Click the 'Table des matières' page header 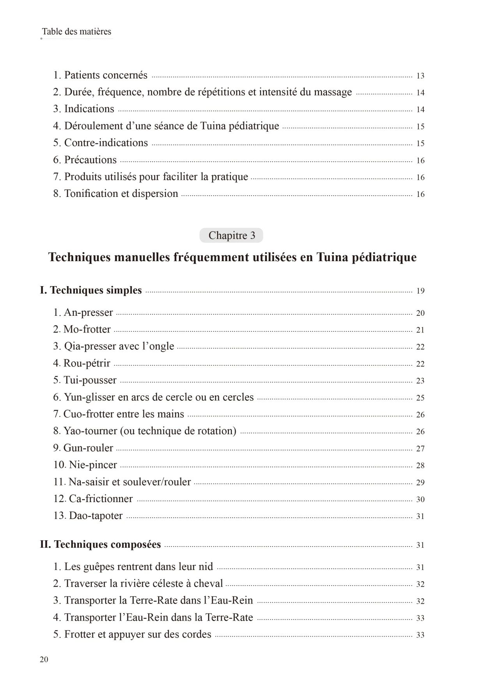[x=76, y=32]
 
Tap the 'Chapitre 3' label [x=232, y=235]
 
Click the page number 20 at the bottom [x=44, y=659]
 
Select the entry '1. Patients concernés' [x=100, y=75]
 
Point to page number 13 [x=420, y=76]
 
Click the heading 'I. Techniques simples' [x=91, y=290]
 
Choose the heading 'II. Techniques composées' [x=100, y=545]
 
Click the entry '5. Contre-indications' [x=100, y=143]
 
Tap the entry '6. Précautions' [x=85, y=160]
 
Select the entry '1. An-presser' [x=83, y=313]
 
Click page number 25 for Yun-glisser [x=420, y=398]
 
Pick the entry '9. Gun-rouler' [x=83, y=448]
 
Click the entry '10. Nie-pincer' [x=85, y=465]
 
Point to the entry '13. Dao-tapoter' [x=88, y=516]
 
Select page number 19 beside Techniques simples [x=420, y=291]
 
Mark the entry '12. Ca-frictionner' [x=93, y=499]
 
